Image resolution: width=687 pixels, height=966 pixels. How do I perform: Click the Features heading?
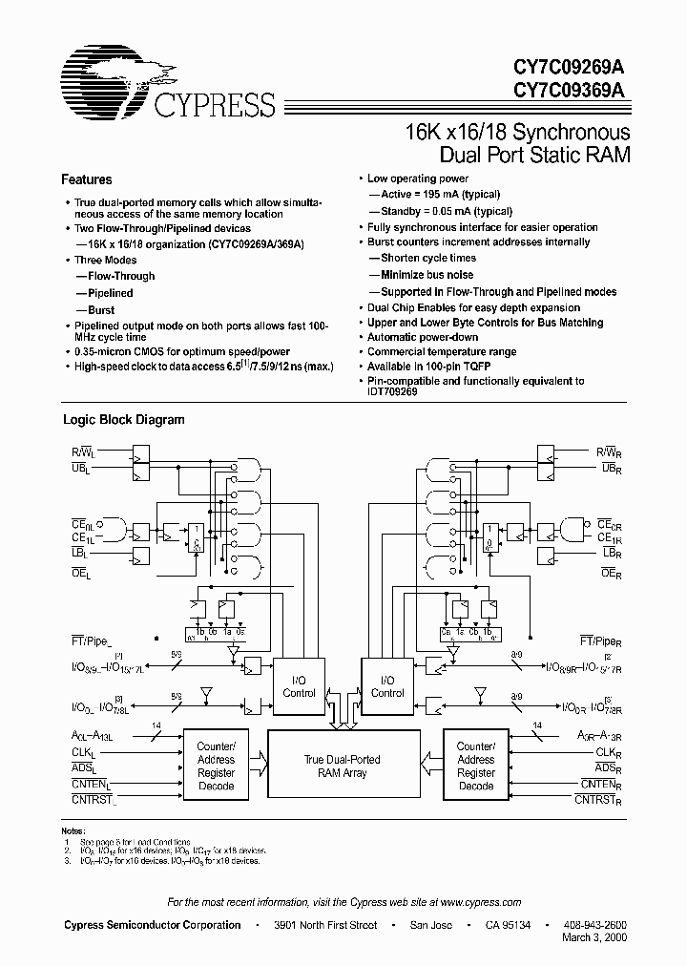[x=87, y=179]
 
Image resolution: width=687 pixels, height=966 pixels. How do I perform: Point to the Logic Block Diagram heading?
[x=124, y=419]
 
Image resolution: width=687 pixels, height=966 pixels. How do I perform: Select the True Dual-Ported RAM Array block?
[x=342, y=766]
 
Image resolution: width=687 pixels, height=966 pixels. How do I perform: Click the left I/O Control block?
[x=299, y=686]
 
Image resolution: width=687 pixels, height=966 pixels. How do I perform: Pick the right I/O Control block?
[x=387, y=686]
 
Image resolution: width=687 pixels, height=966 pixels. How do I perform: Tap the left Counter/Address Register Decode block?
[x=216, y=766]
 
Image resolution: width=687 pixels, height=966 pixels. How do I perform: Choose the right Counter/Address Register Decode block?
[x=475, y=766]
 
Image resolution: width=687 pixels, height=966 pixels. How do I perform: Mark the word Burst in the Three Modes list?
[x=101, y=310]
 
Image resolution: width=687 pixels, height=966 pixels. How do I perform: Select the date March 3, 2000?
[x=594, y=939]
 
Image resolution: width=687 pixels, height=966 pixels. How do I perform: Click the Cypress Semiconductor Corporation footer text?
[x=152, y=925]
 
